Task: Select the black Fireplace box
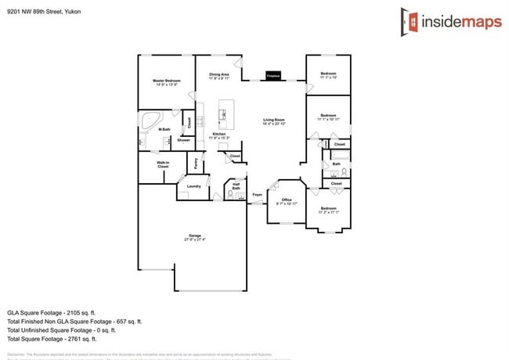pyautogui.click(x=273, y=75)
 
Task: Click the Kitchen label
pyautogui.click(x=219, y=135)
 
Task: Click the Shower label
pyautogui.click(x=172, y=140)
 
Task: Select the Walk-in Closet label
pyautogui.click(x=163, y=165)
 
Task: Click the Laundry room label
pyautogui.click(x=193, y=186)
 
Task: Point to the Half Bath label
pyautogui.click(x=236, y=186)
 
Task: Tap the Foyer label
pyautogui.click(x=257, y=194)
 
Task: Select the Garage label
pyautogui.click(x=193, y=237)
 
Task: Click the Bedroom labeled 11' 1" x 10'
pyautogui.click(x=328, y=76)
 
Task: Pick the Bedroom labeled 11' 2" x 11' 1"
pyautogui.click(x=328, y=210)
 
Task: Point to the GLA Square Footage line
pyautogui.click(x=52, y=312)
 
